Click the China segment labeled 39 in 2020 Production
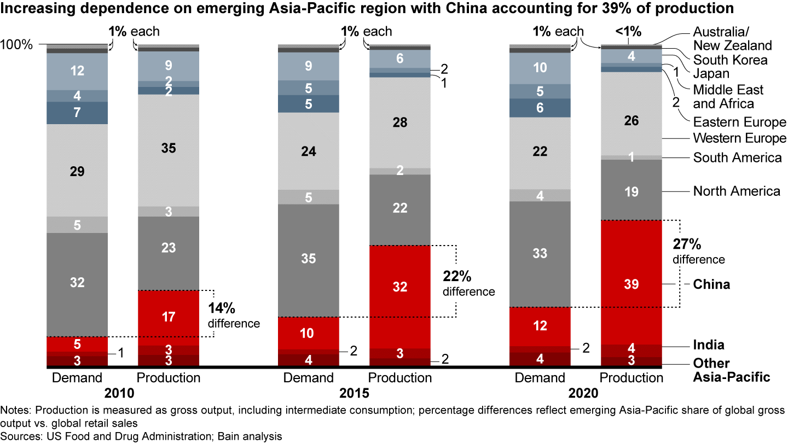[631, 283]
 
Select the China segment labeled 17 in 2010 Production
[169, 317]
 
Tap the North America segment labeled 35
[309, 259]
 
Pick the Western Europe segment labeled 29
[77, 171]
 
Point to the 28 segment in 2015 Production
[400, 123]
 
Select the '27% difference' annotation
[698, 250]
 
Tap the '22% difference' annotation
[468, 283]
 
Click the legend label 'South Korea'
[730, 60]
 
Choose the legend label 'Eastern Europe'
[739, 121]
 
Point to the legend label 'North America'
[737, 191]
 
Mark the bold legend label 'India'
[709, 345]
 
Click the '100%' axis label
[16, 45]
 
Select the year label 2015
[354, 393]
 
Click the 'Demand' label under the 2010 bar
[77, 378]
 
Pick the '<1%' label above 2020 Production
[628, 32]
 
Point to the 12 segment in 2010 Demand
[77, 71]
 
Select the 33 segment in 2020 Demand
[540, 254]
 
